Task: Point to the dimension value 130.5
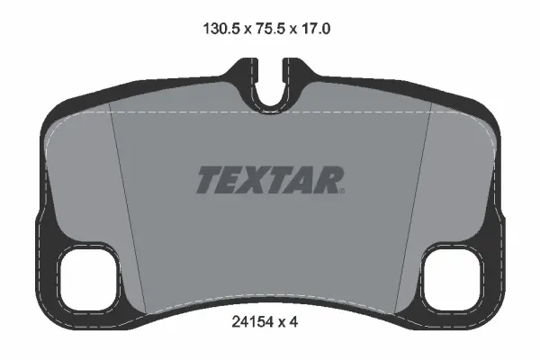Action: pos(215,29)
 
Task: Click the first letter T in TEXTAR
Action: pos(207,180)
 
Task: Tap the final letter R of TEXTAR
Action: pos(328,180)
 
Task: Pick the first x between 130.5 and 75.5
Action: pos(242,29)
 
